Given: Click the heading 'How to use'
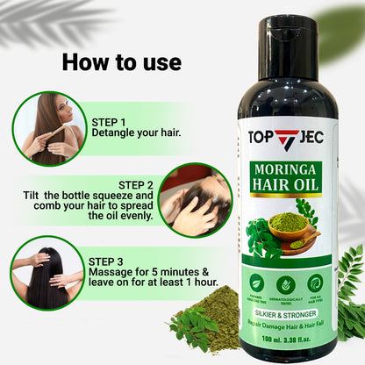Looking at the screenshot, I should (121, 62).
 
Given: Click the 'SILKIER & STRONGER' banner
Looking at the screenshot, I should (286, 310).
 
